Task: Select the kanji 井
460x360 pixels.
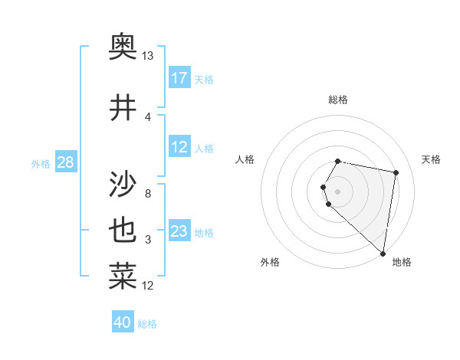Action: pos(123,107)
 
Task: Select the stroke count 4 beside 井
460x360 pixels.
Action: pos(148,116)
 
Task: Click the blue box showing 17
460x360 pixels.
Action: pos(179,78)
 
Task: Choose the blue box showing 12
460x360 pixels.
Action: pos(179,147)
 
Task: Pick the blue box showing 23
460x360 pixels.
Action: pos(179,231)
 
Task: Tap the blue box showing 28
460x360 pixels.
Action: pos(65,162)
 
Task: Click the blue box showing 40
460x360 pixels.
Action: pos(123,322)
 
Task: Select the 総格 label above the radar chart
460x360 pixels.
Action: pos(338,100)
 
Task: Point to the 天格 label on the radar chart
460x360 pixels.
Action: pos(431,159)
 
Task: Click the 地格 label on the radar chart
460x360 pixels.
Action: pos(402,262)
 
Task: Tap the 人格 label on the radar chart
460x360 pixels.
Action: pos(245,159)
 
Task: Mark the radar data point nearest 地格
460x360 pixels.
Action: pos(383,254)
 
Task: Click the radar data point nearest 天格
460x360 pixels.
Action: pos(396,172)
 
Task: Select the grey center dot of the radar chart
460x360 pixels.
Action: pos(338,191)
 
